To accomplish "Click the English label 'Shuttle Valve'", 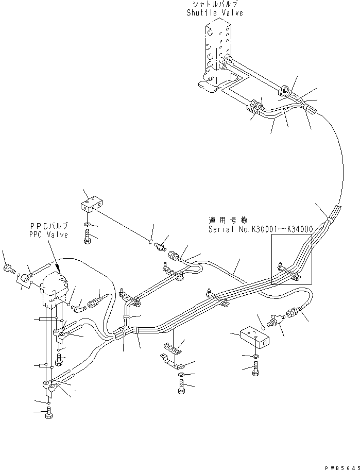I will (x=215, y=13).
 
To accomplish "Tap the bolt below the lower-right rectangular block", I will (x=256, y=370).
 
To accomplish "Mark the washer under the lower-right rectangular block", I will (x=256, y=356).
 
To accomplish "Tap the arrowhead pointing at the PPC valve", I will (x=60, y=270).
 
